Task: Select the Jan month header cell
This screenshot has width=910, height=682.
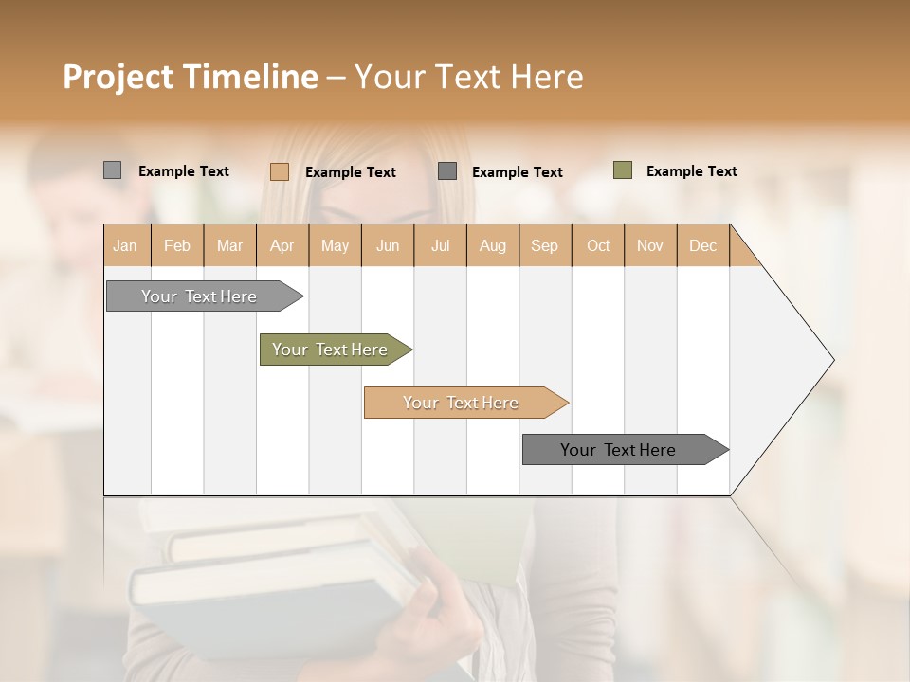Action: tap(125, 245)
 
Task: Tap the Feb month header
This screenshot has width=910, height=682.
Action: tap(177, 245)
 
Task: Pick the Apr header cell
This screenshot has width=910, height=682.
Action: tap(282, 245)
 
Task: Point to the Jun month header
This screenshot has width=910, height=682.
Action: tap(388, 245)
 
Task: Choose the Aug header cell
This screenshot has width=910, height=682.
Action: tap(493, 245)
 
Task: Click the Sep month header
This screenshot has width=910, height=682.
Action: tap(545, 245)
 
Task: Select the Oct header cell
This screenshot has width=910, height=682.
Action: tap(598, 245)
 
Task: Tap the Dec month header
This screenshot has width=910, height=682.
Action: tap(703, 245)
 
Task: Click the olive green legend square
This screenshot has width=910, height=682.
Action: tap(623, 170)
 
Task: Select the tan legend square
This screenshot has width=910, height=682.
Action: tap(279, 171)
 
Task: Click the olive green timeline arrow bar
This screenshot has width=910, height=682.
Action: tap(332, 350)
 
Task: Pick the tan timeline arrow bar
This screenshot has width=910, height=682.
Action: tap(462, 403)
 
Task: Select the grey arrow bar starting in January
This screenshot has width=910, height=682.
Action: tap(200, 296)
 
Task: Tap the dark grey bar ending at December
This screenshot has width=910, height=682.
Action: tap(621, 450)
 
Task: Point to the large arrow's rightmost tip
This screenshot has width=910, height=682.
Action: tap(832, 360)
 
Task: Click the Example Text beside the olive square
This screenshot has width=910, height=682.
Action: tap(691, 171)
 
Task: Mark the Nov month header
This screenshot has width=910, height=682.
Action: tap(650, 245)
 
